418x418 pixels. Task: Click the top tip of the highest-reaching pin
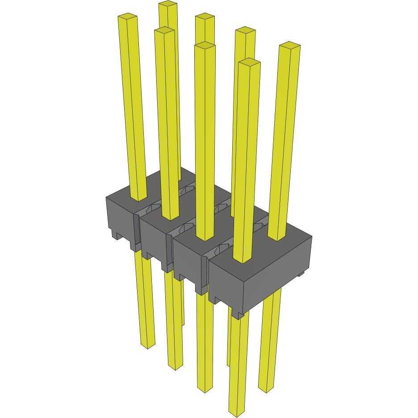tap(168, 4)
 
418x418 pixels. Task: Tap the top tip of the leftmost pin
tap(127, 17)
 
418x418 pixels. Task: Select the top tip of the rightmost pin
tap(289, 45)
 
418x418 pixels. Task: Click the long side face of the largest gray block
tap(277, 277)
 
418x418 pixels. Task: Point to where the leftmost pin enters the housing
tap(138, 198)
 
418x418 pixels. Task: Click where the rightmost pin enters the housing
tap(277, 238)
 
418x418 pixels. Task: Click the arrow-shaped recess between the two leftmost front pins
tap(154, 207)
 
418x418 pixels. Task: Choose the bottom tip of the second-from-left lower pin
tap(175, 367)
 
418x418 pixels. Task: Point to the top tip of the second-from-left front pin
tap(164, 30)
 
